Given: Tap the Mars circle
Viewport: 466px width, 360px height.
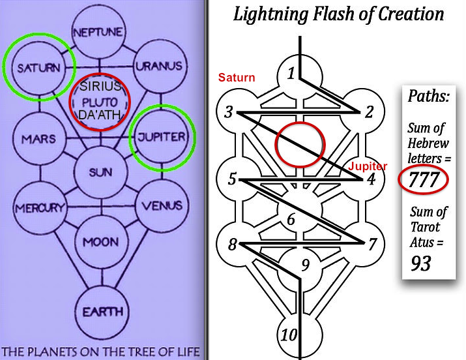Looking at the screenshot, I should click(38, 139).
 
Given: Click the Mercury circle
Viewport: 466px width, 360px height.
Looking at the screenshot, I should click(37, 209).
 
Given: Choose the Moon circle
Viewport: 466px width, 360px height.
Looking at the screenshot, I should click(99, 243).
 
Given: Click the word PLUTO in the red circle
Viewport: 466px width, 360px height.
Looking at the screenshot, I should click(100, 100).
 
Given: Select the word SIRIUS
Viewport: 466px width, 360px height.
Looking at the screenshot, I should click(100, 87).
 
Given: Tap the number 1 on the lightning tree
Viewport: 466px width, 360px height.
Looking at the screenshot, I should click(291, 73).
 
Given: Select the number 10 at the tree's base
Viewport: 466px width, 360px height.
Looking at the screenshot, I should click(289, 336).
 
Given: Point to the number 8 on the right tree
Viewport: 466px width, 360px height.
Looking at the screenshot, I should click(231, 246).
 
